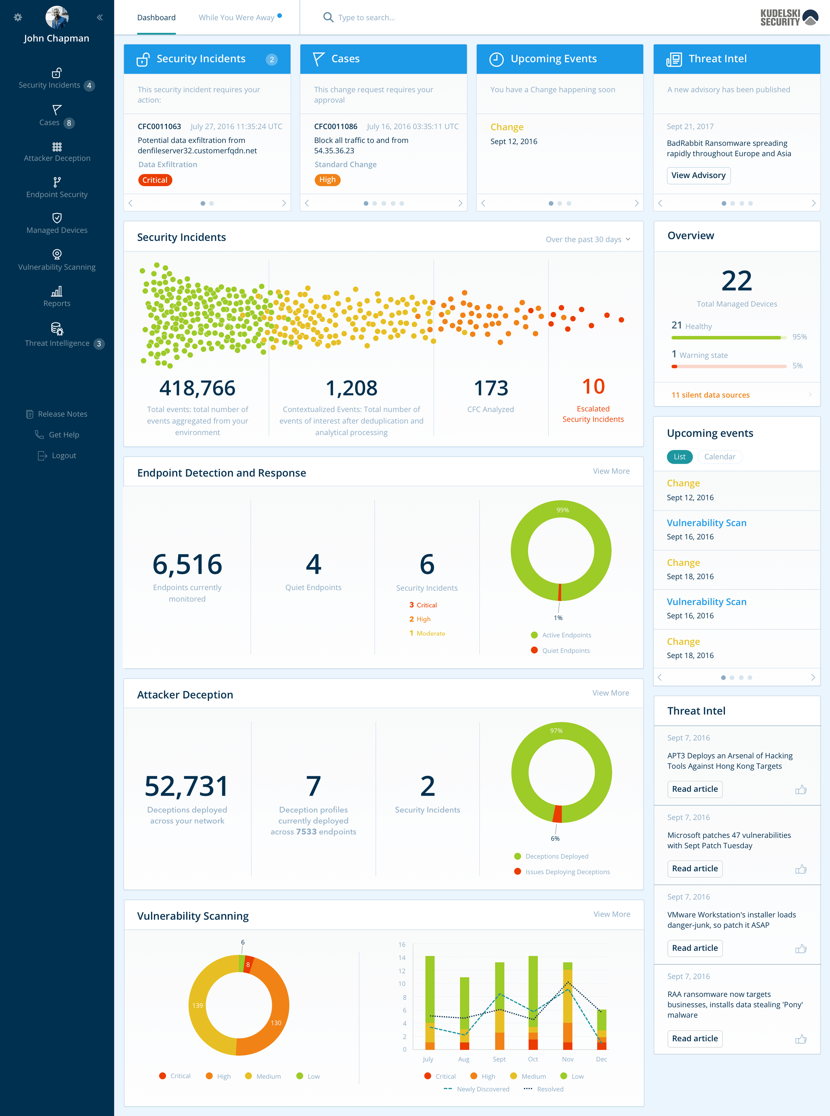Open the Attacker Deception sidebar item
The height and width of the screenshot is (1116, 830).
57,152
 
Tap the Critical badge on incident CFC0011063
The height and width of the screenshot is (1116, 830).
155,180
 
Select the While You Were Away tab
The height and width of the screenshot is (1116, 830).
236,18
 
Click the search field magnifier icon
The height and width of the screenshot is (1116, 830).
328,18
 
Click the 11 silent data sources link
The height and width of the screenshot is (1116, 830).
710,395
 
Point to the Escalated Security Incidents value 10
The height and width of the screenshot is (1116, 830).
593,387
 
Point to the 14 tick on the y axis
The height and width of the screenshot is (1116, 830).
402,957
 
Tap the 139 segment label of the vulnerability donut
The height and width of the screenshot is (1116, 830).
198,1006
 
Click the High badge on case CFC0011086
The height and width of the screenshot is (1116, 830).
327,180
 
